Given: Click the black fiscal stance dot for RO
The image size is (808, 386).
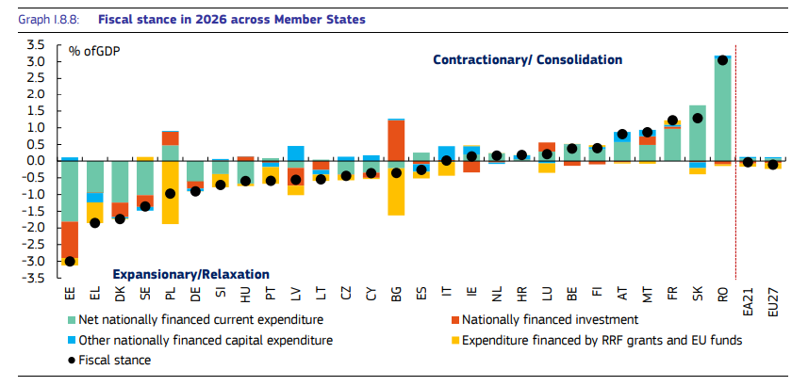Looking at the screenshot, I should click(722, 60).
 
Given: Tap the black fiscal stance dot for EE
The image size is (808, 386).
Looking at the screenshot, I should click(70, 261).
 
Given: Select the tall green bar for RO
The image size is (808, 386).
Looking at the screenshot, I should click(722, 108).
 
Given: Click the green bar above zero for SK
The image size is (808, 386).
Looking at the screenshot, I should click(698, 132).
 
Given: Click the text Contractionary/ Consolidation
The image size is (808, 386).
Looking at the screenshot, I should click(527, 59).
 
